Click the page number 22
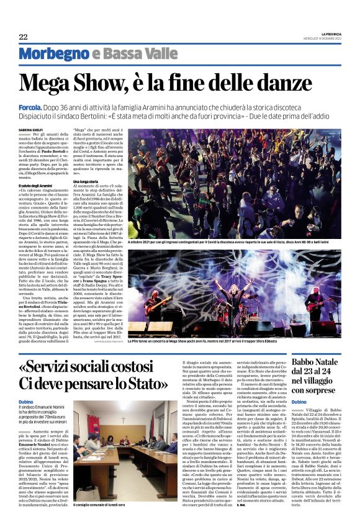tap(23, 36)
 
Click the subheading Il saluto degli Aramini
tap(35, 186)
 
